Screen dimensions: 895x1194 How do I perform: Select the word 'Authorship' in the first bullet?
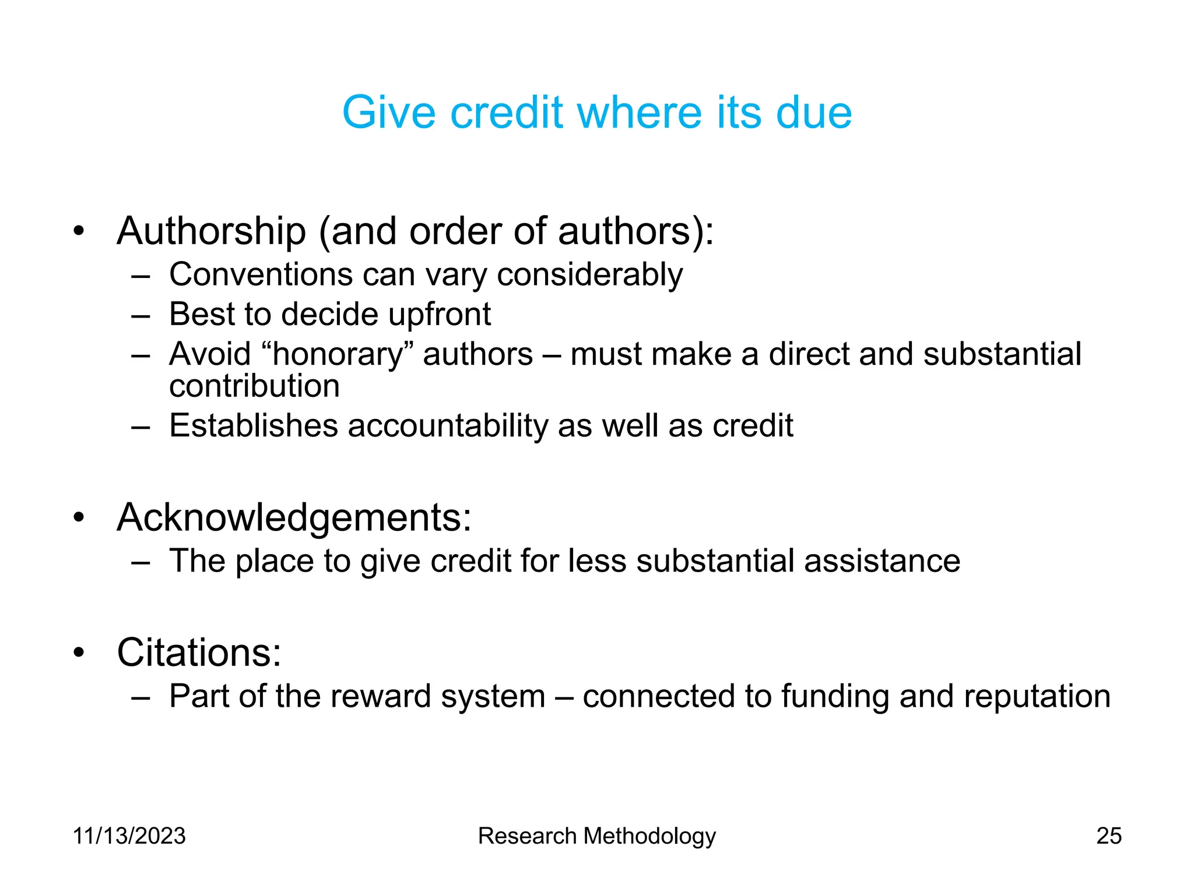pyautogui.click(x=211, y=232)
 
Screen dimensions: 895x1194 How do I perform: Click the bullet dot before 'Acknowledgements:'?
pyautogui.click(x=79, y=517)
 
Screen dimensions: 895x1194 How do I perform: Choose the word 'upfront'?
pyautogui.click(x=440, y=315)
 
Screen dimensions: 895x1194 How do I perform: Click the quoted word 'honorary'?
pyautogui.click(x=338, y=354)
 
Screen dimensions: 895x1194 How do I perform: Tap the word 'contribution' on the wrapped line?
pyautogui.click(x=254, y=386)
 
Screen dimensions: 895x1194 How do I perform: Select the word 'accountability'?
pyautogui.click(x=448, y=426)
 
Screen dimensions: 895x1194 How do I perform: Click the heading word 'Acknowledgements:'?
pyautogui.click(x=294, y=517)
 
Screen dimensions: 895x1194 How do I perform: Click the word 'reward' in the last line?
pyautogui.click(x=380, y=696)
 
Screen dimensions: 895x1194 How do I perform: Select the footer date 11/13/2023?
pyautogui.click(x=129, y=836)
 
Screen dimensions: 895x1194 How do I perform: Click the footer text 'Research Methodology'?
pyautogui.click(x=596, y=836)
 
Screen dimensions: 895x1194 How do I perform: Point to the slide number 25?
pyautogui.click(x=1109, y=836)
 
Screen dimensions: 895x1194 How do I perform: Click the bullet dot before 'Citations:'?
pyautogui.click(x=79, y=653)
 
